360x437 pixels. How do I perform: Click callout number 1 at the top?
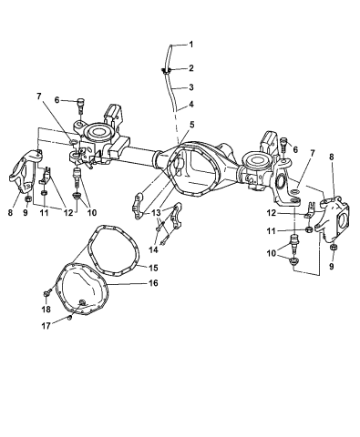[x=191, y=44]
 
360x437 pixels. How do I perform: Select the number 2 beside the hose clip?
[x=191, y=68]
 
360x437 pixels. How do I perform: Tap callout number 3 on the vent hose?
[x=191, y=87]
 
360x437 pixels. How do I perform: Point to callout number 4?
[x=191, y=105]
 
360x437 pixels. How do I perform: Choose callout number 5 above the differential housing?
[x=191, y=125]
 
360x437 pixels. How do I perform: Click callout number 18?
[x=46, y=310]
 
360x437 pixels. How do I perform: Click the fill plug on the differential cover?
[x=83, y=300]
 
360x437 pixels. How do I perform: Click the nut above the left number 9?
[x=29, y=196]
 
